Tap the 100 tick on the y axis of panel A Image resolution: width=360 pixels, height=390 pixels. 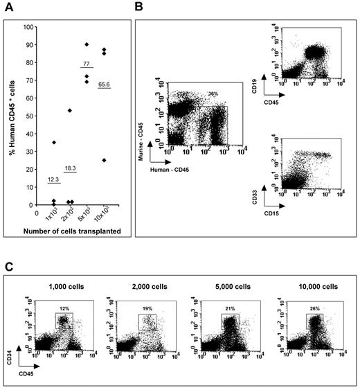(x=28, y=27)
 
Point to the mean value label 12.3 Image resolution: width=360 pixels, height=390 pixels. (x=53, y=180)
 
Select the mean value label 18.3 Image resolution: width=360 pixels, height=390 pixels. (x=70, y=168)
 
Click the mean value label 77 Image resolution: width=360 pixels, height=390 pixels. (x=87, y=62)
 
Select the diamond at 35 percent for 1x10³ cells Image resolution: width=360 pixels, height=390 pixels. (x=54, y=143)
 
